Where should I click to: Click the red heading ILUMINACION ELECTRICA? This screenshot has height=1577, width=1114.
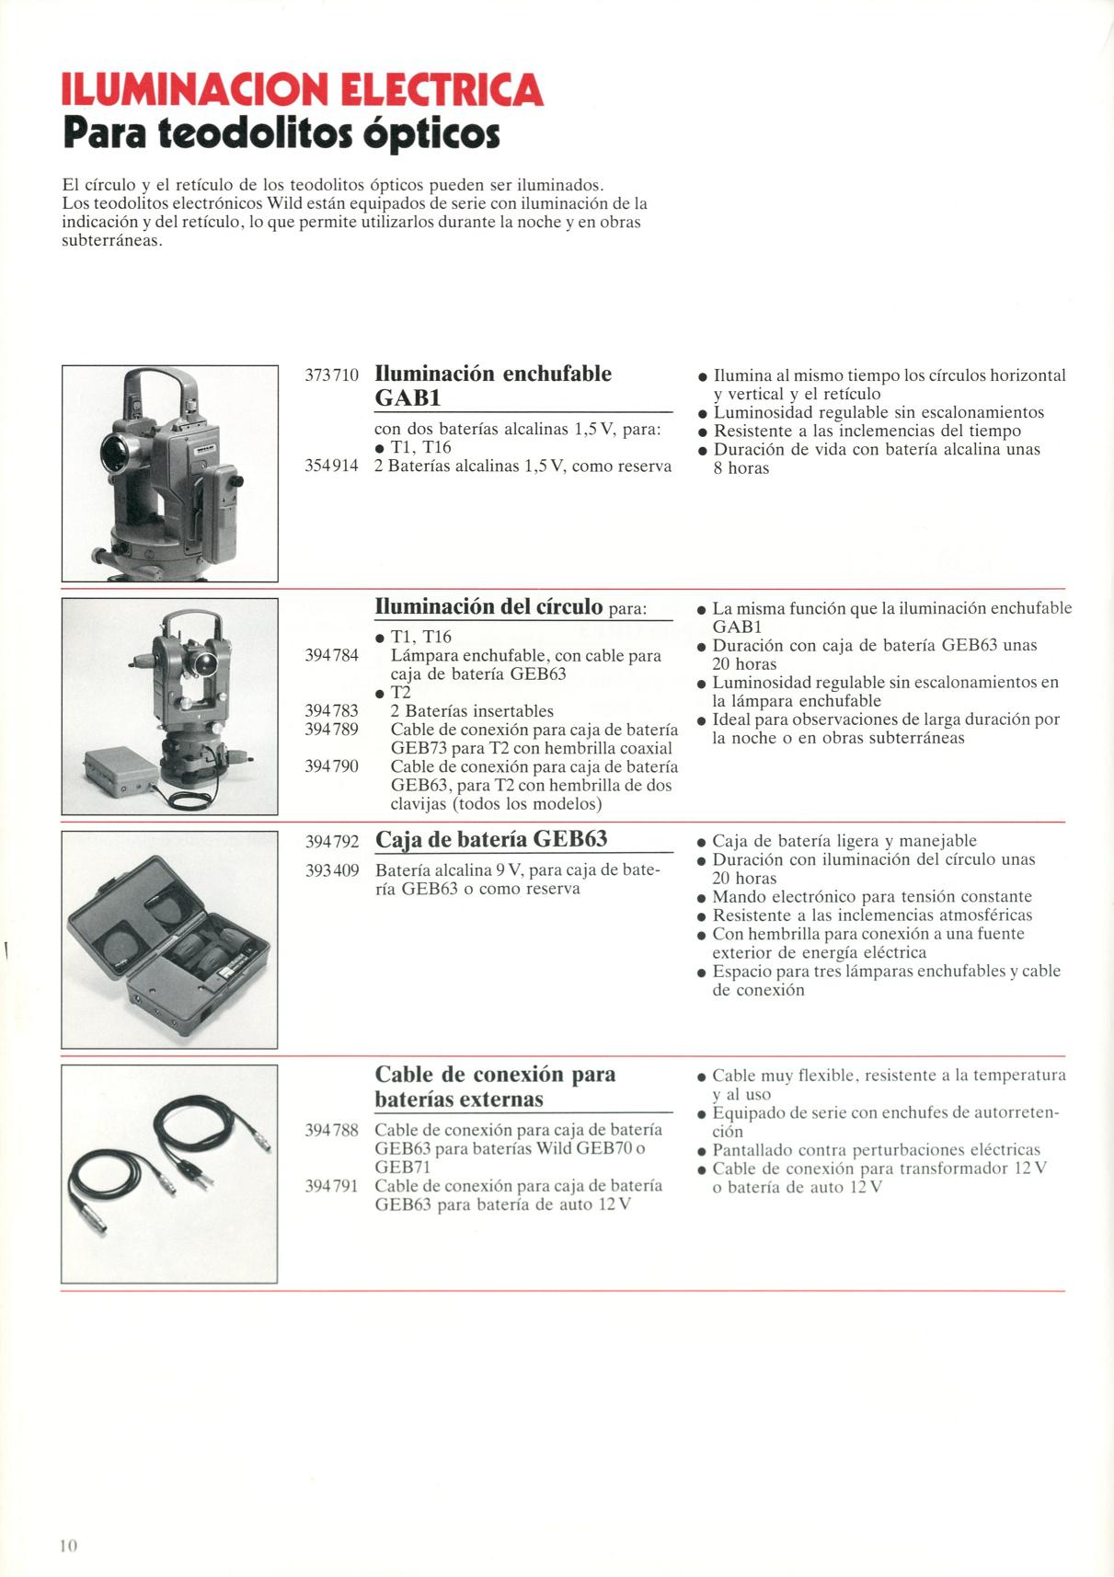pyautogui.click(x=303, y=89)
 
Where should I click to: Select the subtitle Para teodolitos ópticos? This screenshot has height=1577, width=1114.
pyautogui.click(x=281, y=133)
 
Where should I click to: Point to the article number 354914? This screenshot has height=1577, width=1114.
pyautogui.click(x=331, y=466)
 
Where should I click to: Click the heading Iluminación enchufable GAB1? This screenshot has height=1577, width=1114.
pyautogui.click(x=493, y=386)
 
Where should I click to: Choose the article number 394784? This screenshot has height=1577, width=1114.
pyautogui.click(x=331, y=655)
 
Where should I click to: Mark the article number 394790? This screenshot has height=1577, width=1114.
pyautogui.click(x=331, y=766)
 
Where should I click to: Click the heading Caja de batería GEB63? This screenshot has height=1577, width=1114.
pyautogui.click(x=491, y=839)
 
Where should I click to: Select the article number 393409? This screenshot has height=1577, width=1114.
pyautogui.click(x=331, y=871)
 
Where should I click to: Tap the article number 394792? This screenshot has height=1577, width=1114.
pyautogui.click(x=331, y=841)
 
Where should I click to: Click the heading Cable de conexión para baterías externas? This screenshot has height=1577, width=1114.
pyautogui.click(x=496, y=1087)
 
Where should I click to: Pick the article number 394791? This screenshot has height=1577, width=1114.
pyautogui.click(x=331, y=1186)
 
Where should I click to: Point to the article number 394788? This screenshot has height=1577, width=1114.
pyautogui.click(x=331, y=1131)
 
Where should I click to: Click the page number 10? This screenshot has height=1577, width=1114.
pyautogui.click(x=68, y=1545)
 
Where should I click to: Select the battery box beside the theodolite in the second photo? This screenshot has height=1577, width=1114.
pyautogui.click(x=121, y=772)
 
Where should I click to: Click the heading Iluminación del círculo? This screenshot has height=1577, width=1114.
pyautogui.click(x=489, y=606)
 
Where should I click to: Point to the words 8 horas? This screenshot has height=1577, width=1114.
pyautogui.click(x=741, y=468)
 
